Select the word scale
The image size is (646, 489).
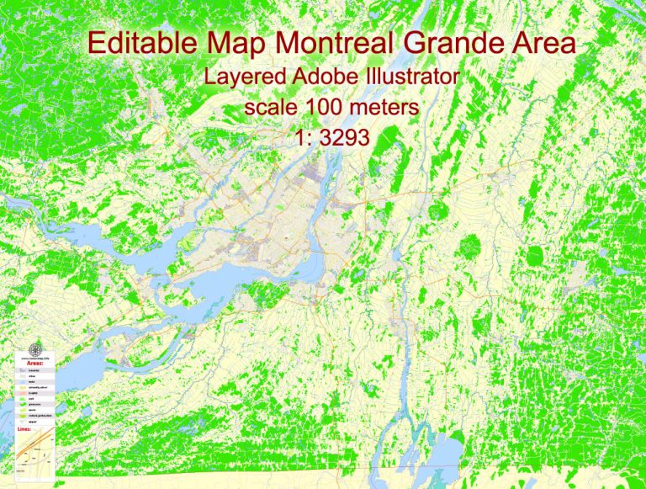[267, 108]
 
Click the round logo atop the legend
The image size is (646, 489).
[34, 349]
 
